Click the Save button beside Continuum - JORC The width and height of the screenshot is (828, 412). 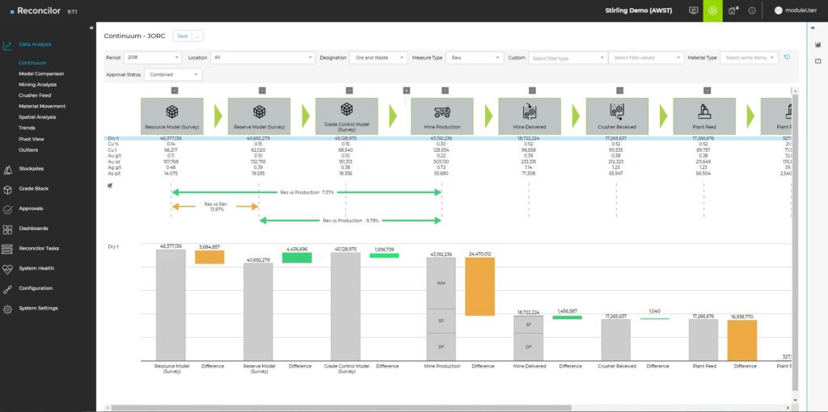[x=182, y=36]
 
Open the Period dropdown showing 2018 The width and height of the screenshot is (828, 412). [x=153, y=57]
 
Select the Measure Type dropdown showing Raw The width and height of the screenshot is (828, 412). [x=475, y=57]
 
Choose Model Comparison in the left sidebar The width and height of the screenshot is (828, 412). [x=41, y=74]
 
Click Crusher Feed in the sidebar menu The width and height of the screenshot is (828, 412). [x=36, y=95]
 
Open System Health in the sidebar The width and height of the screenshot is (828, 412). [x=37, y=268]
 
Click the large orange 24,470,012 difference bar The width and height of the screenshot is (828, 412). [x=481, y=286]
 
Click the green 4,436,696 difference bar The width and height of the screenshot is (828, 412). [x=297, y=257]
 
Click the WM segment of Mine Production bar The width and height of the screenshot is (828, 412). [x=441, y=283]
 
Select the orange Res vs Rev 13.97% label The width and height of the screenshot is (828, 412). [x=214, y=205]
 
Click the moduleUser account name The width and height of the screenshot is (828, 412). [x=801, y=11]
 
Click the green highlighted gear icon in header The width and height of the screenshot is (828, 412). [x=712, y=11]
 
